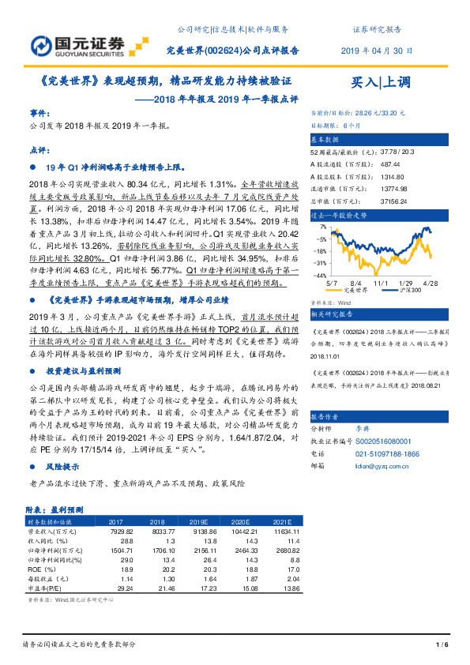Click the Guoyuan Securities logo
coord(76,43)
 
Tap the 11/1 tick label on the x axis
coord(379,283)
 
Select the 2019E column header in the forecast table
coord(197,521)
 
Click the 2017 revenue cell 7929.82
coord(115,532)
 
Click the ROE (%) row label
coord(41,568)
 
